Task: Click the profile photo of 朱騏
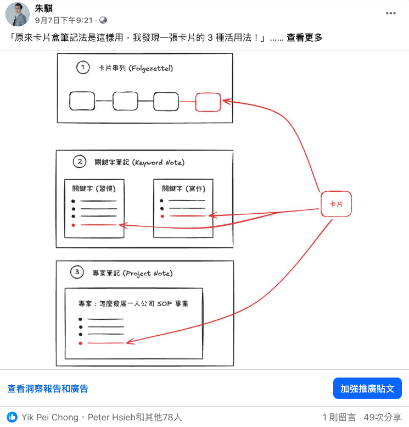pyautogui.click(x=18, y=14)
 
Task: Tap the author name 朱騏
pyautogui.click(x=43, y=8)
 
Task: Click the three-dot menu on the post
pyautogui.click(x=390, y=13)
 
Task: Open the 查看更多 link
pyautogui.click(x=304, y=37)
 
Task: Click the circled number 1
pyautogui.click(x=83, y=68)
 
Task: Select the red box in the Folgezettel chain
pyautogui.click(x=208, y=102)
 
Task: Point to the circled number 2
pyautogui.click(x=80, y=162)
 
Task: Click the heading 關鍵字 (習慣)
pyautogui.click(x=93, y=188)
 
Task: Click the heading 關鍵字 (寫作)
pyautogui.click(x=183, y=188)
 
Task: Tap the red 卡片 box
pyautogui.click(x=335, y=204)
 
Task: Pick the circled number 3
pyautogui.click(x=78, y=272)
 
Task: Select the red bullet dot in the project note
pyautogui.click(x=80, y=343)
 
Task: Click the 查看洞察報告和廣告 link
pyautogui.click(x=48, y=389)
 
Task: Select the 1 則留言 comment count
pyautogui.click(x=339, y=417)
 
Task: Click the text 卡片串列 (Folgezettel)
pyautogui.click(x=135, y=68)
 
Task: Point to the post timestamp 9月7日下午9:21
pyautogui.click(x=64, y=20)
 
